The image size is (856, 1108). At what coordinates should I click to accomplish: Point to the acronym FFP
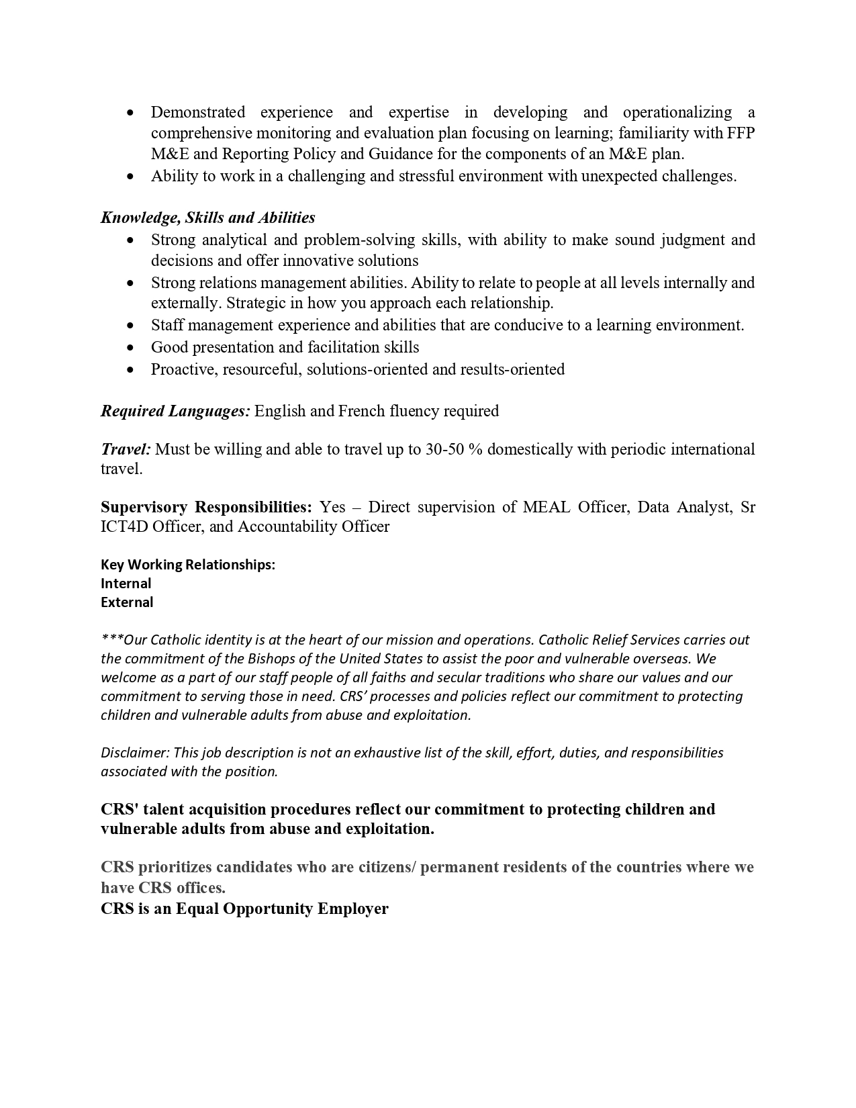point(741,133)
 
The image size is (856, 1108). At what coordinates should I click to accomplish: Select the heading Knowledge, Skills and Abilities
point(208,218)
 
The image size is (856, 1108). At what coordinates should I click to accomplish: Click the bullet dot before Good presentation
point(130,348)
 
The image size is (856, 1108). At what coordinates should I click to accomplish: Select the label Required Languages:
point(175,411)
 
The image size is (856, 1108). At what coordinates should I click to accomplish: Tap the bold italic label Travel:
point(126,449)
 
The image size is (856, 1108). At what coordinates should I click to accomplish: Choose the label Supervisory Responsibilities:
point(206,507)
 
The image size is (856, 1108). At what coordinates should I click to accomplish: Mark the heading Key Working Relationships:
point(188,565)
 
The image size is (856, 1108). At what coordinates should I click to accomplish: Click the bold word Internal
point(126,584)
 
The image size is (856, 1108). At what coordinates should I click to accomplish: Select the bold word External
point(127,602)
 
